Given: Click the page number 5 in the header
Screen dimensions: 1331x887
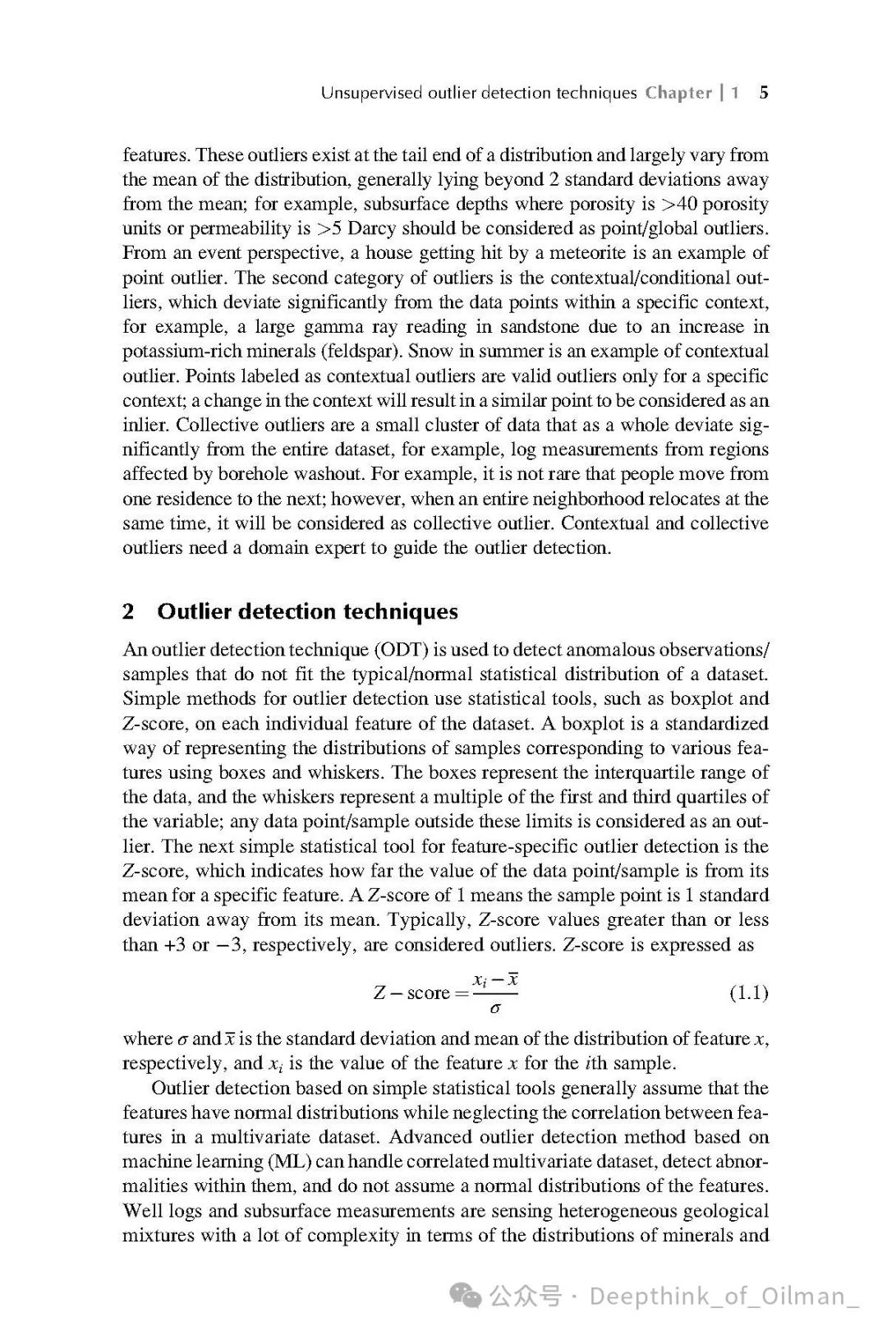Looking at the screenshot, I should [x=764, y=92].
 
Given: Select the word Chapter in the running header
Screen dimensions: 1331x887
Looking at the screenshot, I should [x=678, y=92].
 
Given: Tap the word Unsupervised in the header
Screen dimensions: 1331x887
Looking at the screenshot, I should [x=370, y=92].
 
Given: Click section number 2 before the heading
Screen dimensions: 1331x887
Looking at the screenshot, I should [x=129, y=611].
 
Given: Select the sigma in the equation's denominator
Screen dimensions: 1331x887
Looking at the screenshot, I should [x=494, y=1007].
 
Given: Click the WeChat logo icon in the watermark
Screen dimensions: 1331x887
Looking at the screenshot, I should [x=471, y=1296].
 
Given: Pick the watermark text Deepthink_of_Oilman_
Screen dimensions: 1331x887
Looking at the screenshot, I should [x=724, y=1296].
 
